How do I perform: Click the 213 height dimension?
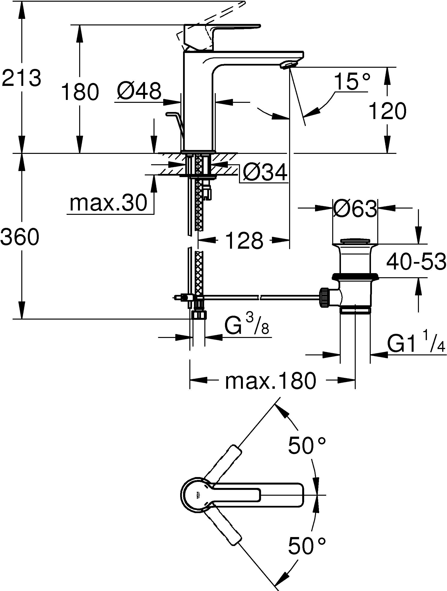click(21, 78)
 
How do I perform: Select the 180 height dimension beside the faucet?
click(80, 92)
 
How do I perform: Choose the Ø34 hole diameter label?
click(265, 172)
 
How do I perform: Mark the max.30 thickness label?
click(108, 203)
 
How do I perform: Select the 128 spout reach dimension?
click(244, 240)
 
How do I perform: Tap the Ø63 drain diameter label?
click(355, 209)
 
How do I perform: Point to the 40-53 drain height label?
click(416, 262)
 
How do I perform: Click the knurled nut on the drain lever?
click(325, 297)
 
